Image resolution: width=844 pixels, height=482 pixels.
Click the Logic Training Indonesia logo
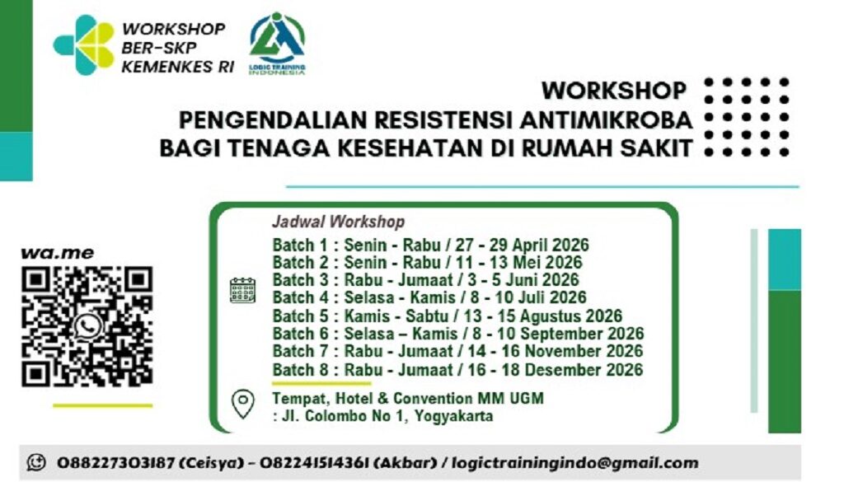[277, 43]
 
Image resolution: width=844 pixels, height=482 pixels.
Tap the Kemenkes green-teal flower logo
[84, 44]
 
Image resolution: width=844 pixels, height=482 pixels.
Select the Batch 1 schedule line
[430, 245]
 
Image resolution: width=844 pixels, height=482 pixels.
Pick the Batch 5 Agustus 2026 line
[447, 316]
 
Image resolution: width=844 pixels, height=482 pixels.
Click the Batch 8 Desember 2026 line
[457, 370]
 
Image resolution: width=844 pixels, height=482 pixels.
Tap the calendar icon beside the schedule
[242, 290]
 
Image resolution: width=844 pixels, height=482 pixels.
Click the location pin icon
[242, 403]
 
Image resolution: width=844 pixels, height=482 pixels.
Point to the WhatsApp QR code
[87, 326]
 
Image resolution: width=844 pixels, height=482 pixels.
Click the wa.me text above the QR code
[58, 253]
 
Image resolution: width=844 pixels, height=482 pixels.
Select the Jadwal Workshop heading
[338, 222]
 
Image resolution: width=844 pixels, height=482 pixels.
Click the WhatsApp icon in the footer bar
[35, 463]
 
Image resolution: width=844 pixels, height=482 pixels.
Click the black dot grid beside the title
[748, 116]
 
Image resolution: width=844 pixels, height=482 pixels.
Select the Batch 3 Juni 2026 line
[425, 280]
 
